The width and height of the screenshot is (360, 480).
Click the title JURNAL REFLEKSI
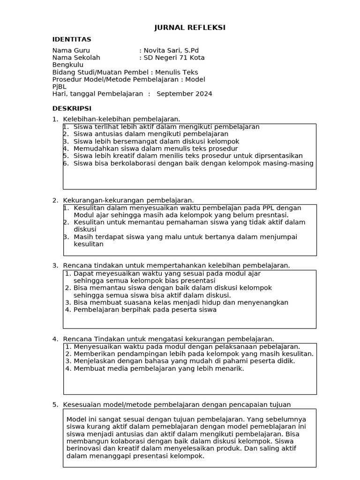pos(190,28)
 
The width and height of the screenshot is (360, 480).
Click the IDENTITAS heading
pos(72,39)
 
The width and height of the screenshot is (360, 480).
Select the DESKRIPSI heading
pos(72,108)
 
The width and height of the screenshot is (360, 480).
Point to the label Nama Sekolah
pos(76,58)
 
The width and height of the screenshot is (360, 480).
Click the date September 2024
pos(184,94)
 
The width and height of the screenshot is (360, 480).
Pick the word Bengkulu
pos(67,65)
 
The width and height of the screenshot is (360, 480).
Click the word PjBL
pos(59,86)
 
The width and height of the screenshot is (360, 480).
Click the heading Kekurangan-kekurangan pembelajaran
pos(128,200)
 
